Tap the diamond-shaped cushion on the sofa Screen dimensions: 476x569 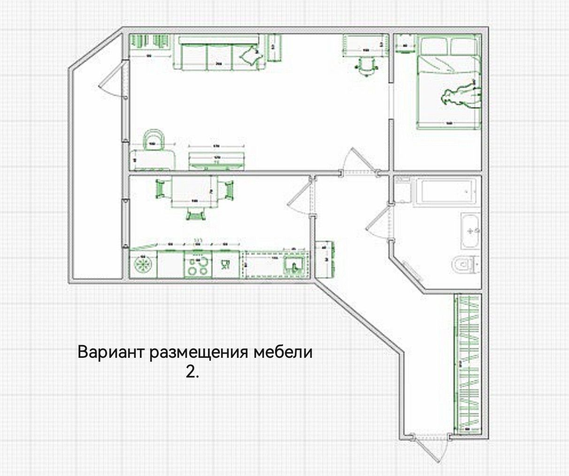[x=251, y=56]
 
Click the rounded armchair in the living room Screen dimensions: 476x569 [x=154, y=140]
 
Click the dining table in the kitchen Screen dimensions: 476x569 [x=194, y=191]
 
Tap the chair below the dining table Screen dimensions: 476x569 [x=196, y=214]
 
